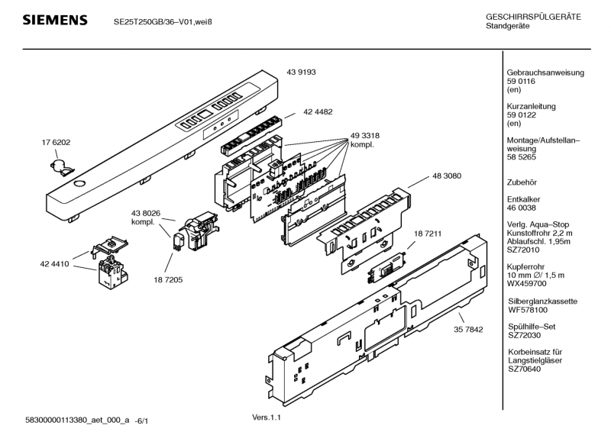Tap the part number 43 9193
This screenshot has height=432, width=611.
point(302,72)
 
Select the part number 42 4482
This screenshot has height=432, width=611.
point(318,111)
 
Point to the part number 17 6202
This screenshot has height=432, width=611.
point(56,143)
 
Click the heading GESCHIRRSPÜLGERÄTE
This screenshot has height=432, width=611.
point(534,17)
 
